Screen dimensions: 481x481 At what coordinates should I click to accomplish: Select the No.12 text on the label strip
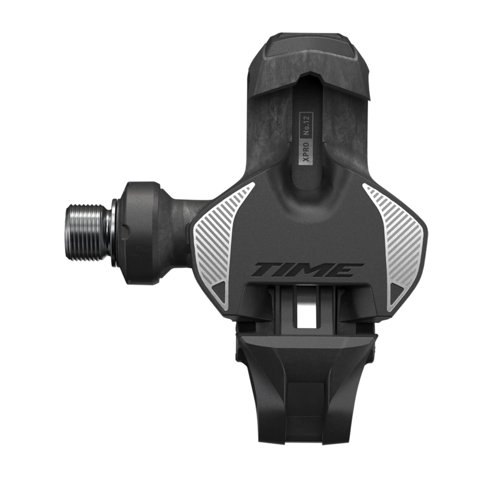pyautogui.click(x=306, y=124)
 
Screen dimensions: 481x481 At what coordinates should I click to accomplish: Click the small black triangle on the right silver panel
pyautogui.click(x=397, y=290)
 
